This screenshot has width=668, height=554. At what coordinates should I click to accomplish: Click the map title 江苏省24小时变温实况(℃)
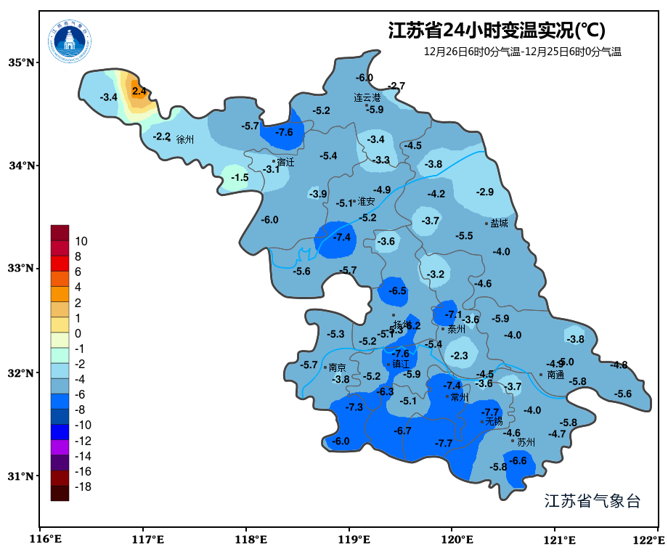coord(497,30)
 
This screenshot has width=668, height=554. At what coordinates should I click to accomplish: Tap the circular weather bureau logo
coord(70,41)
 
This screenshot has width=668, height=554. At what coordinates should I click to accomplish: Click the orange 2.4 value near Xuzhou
coord(139,91)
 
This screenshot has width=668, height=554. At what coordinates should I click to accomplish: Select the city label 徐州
coord(185,139)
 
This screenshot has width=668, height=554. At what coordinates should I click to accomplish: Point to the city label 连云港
coord(367,97)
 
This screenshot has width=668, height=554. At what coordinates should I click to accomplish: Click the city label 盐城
coord(500,223)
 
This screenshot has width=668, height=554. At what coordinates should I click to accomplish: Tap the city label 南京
coord(338,367)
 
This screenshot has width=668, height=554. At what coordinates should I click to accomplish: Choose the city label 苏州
coord(526,441)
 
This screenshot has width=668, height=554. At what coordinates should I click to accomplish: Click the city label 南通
coord(555,375)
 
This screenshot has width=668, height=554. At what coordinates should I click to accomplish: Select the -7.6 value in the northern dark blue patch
coord(284,131)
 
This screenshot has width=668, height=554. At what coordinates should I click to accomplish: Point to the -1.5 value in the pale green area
coord(240,177)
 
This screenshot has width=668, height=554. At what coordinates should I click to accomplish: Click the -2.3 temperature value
coord(459,356)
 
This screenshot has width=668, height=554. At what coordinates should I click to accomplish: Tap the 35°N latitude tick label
coord(21,62)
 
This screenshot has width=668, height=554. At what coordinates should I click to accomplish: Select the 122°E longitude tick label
coord(649,539)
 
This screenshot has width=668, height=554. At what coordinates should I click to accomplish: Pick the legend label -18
coord(83,486)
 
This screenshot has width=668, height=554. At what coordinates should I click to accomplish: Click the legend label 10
coord(81,241)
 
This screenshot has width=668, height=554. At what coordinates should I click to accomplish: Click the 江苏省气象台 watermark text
coord(592,501)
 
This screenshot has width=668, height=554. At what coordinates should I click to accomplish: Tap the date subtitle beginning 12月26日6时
coord(523,52)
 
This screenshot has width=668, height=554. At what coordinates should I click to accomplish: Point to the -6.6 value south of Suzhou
coord(518,460)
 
